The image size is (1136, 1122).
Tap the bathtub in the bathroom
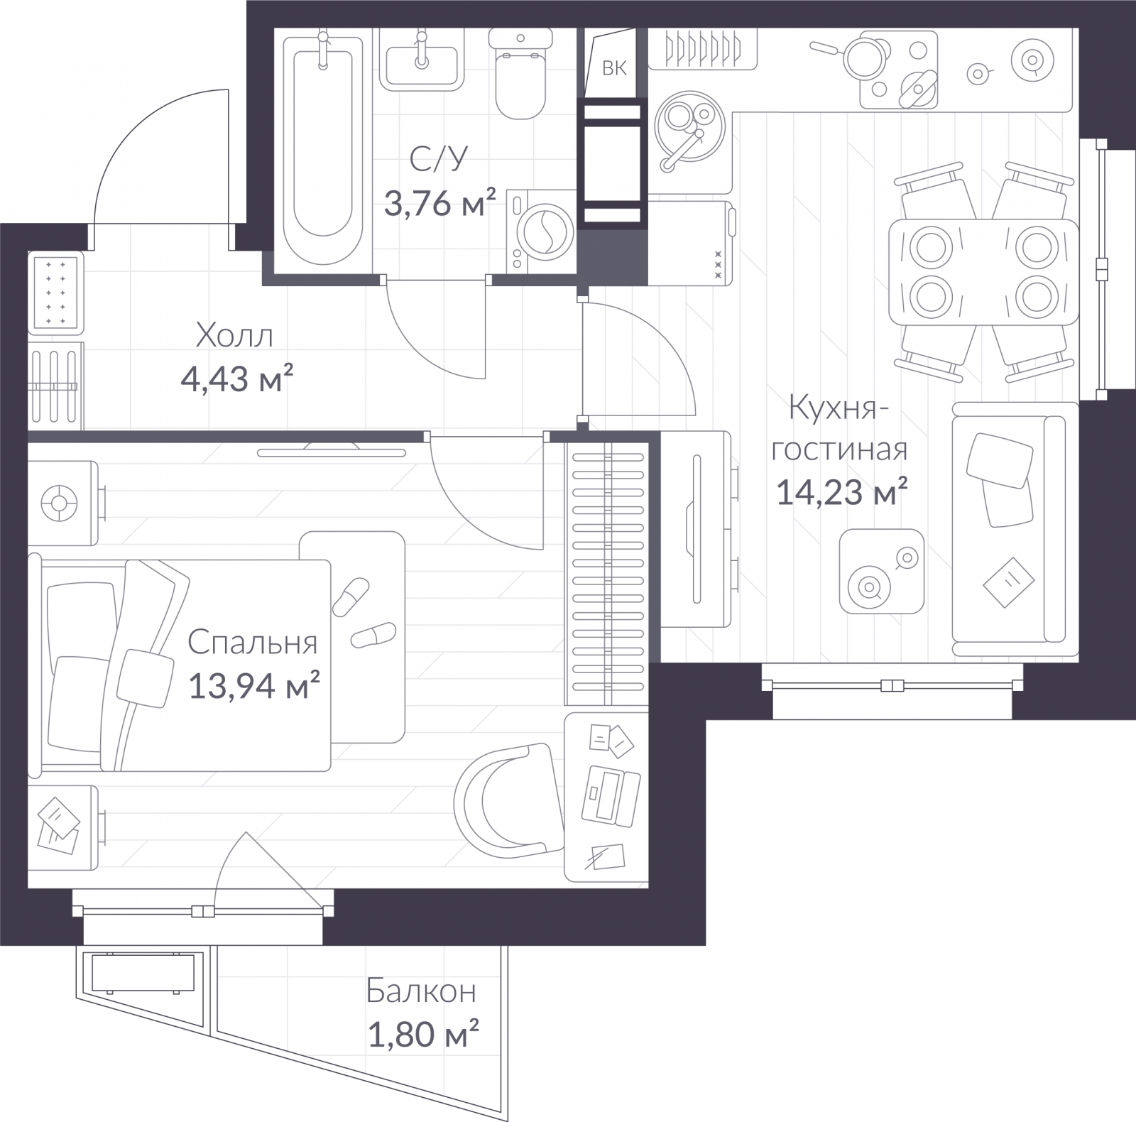(x=324, y=146)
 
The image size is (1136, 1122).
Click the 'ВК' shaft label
(x=615, y=68)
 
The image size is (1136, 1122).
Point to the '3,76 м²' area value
(x=440, y=204)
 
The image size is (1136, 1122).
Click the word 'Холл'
(x=234, y=335)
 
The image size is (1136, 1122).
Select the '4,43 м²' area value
(x=238, y=379)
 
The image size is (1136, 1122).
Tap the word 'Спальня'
(x=253, y=643)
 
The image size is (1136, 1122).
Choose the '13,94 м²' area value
(x=254, y=686)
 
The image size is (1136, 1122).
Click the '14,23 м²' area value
(x=842, y=491)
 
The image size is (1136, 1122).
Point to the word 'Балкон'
(x=421, y=991)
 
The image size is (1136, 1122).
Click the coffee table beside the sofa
(x=882, y=572)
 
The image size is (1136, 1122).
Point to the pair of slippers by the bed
(x=361, y=613)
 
